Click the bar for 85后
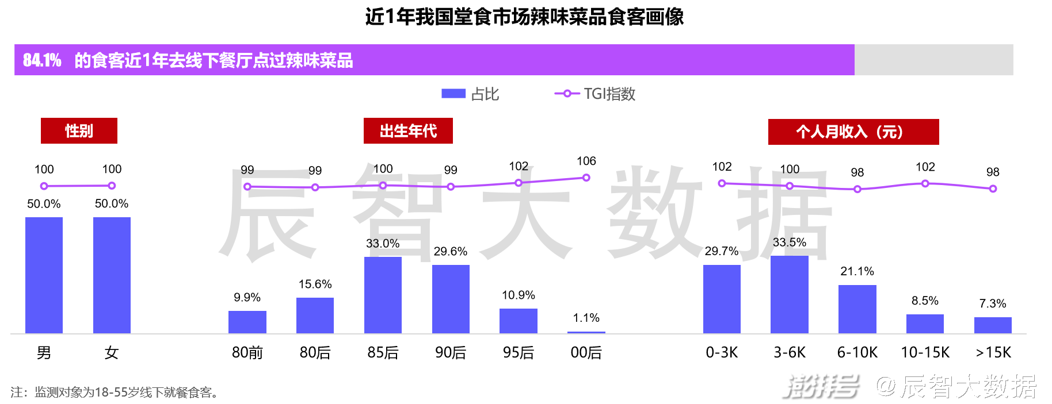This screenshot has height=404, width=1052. coord(383,295)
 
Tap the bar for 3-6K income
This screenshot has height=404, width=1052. coord(789,294)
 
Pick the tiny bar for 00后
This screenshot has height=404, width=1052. coord(586,332)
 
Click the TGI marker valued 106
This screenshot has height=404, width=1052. coord(586,178)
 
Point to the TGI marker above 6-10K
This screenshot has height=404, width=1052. coord(857,189)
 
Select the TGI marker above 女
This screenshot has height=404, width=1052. coord(112,186)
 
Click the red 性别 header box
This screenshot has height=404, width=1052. coord(79,131)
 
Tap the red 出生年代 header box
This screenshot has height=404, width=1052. coord(408,131)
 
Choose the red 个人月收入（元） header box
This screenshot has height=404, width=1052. coord(853,132)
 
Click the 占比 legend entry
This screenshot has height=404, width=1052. coord(470,94)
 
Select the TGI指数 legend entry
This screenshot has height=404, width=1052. coord(595,94)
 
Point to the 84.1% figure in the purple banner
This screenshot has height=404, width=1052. coord(42,60)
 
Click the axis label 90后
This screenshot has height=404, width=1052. coord(451,352)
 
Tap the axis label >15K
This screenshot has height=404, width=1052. coord(993,352)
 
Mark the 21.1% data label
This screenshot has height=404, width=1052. coord(857,271)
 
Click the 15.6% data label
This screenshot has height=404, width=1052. coord(315,284)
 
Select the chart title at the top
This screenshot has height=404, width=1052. coord(524,17)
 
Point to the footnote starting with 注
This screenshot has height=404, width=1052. coord(115,393)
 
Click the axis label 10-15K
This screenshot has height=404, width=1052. coord(925,352)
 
